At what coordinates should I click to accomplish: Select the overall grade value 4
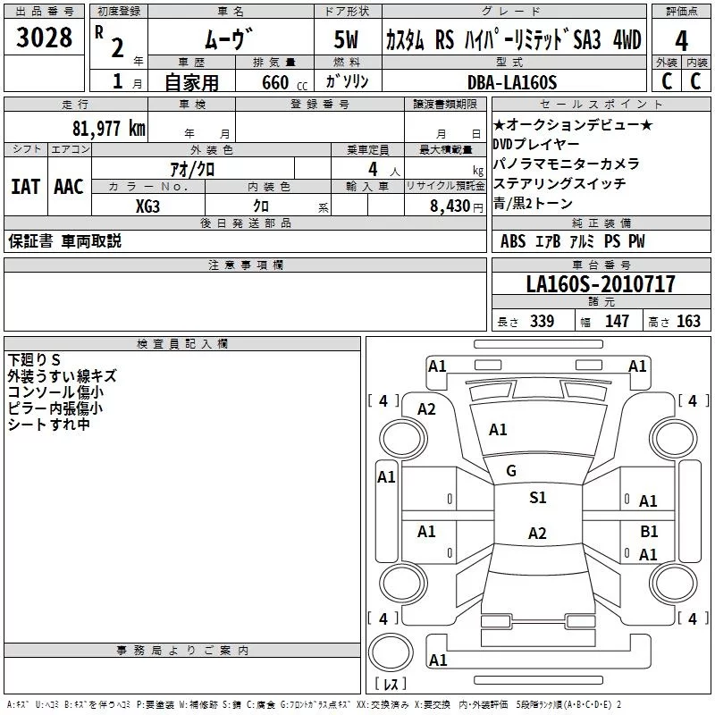[682, 42]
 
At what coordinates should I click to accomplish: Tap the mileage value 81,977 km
[108, 128]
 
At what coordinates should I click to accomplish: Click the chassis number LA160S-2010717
[601, 284]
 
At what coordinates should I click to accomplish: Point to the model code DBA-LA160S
[512, 82]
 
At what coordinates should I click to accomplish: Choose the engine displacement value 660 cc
[274, 82]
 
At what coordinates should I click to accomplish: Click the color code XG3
[148, 205]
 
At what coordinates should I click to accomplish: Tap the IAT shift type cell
[25, 187]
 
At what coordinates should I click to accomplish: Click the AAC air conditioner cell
[68, 187]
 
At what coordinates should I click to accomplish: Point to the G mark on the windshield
[511, 470]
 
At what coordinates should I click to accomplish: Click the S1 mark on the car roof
[537, 498]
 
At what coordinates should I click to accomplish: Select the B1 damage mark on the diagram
[649, 531]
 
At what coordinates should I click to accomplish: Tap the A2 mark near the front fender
[426, 409]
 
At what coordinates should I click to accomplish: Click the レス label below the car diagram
[390, 685]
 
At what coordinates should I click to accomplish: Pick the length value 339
[541, 322]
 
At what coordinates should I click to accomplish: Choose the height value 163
[688, 322]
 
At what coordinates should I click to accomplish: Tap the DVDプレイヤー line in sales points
[536, 144]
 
